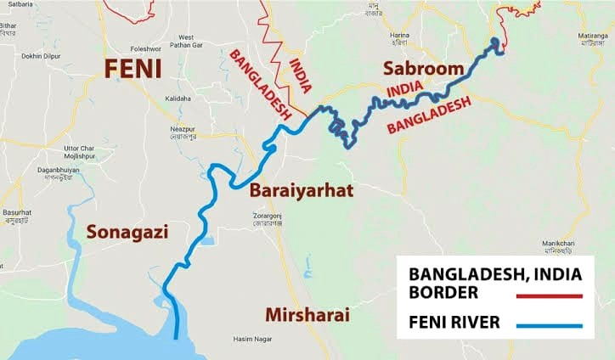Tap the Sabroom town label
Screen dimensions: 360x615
point(423,68)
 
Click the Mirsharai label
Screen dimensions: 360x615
point(307,315)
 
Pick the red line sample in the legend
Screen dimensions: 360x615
point(549,295)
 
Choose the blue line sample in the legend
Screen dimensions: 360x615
point(549,325)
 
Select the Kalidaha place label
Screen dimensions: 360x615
point(178,98)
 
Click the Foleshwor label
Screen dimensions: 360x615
point(145,48)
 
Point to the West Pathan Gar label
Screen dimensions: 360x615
point(186,41)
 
